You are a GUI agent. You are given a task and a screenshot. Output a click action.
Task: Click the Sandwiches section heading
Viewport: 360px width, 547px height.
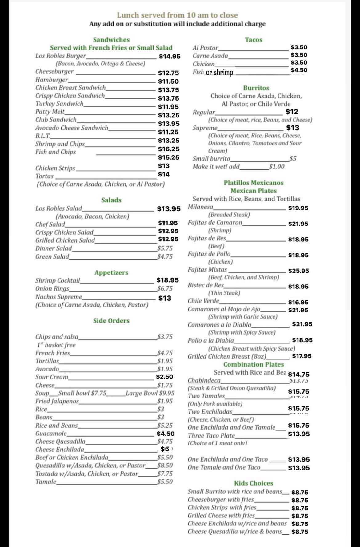111,40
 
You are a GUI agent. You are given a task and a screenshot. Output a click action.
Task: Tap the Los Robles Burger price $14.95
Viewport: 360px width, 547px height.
170,56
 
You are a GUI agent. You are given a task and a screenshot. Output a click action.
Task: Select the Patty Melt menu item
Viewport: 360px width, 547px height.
50,112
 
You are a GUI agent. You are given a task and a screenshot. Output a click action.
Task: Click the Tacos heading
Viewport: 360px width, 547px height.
254,40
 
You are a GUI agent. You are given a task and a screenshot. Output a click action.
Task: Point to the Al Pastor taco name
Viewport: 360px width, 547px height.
205,48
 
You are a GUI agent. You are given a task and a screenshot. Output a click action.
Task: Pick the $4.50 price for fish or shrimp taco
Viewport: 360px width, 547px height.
299,70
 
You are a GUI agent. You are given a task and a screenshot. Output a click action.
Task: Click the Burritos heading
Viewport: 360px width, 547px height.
256,88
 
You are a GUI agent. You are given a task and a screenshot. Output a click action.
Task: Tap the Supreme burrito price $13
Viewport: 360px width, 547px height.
293,128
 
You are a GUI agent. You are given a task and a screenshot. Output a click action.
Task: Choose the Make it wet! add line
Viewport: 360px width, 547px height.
216,167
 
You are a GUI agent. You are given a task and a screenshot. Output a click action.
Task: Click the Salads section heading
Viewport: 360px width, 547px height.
111,200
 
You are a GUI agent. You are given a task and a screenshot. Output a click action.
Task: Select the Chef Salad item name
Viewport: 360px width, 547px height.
50,224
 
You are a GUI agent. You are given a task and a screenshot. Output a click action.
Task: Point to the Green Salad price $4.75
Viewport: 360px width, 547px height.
165,256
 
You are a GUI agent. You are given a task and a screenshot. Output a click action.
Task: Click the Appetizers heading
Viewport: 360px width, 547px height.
111,272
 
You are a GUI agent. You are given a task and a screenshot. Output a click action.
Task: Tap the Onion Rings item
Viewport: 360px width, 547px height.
52,288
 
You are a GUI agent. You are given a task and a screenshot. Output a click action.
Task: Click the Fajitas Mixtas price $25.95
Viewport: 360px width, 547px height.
298,271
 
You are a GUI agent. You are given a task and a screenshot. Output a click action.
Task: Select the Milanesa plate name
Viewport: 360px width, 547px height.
200,207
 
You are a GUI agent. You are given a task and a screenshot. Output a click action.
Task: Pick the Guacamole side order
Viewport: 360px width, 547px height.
51,434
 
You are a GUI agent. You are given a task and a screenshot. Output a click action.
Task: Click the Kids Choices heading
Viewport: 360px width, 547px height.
254,483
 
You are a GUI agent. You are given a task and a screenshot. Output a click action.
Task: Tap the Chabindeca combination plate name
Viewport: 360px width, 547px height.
204,380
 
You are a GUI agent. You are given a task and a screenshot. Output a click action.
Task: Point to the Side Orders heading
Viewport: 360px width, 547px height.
111,321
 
